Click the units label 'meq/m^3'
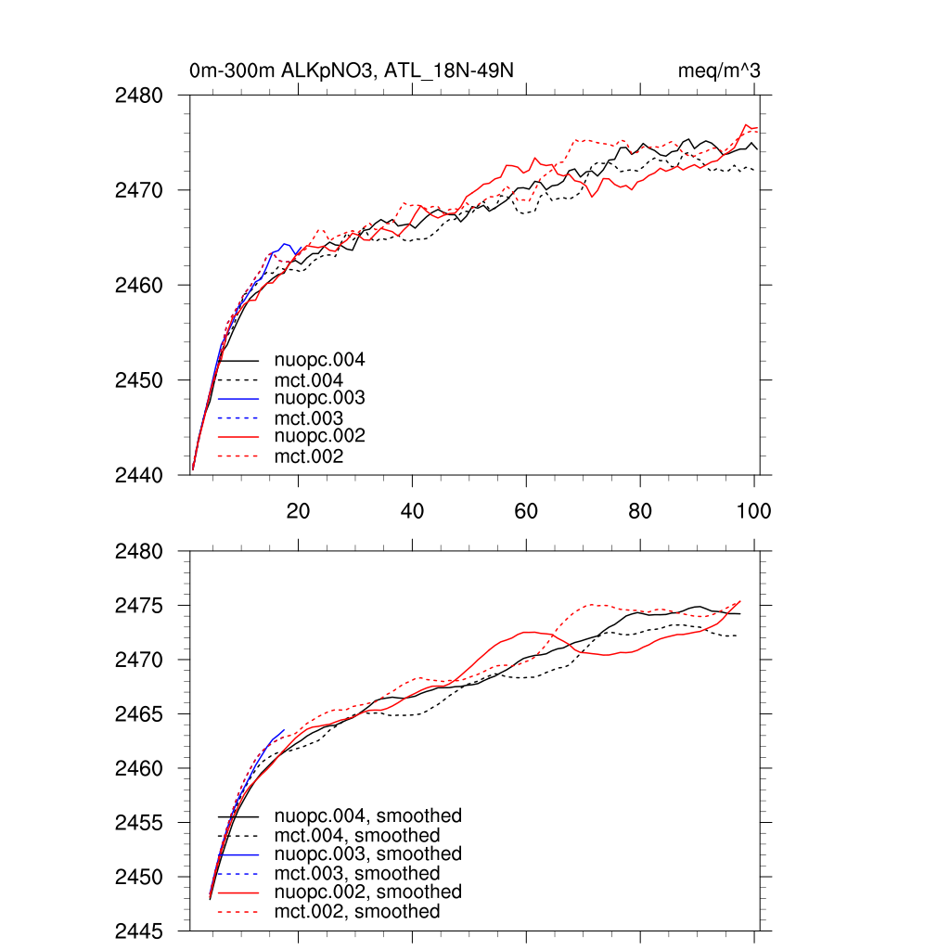pos(721,71)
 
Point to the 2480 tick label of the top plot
pos(139,96)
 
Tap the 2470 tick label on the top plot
pos(139,190)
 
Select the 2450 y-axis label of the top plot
pos(139,380)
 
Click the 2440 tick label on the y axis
pos(139,475)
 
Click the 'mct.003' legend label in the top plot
pos(309,418)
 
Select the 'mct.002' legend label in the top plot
pos(309,456)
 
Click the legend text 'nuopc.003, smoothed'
pos(368,854)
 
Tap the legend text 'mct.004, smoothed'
pos(357,836)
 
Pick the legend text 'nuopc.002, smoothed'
pos(368,892)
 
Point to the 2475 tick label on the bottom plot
pos(139,606)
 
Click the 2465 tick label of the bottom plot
pos(139,714)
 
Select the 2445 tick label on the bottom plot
pos(139,931)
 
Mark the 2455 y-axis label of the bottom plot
pos(139,823)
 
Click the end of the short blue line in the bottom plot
pos(284,730)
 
